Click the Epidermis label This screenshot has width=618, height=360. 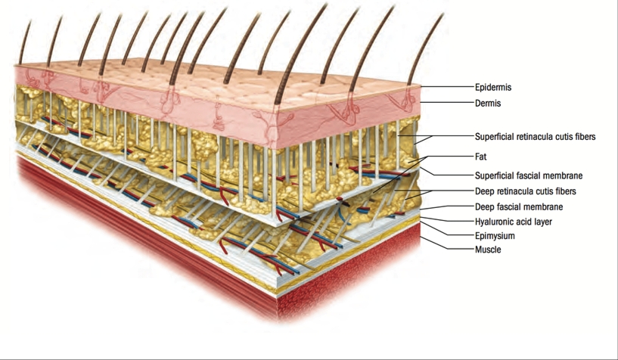click(492, 88)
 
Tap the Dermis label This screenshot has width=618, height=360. click(488, 103)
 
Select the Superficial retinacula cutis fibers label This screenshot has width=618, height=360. click(535, 137)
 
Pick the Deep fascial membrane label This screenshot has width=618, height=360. click(518, 206)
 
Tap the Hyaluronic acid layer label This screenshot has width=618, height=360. click(513, 222)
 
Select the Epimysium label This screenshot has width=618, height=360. click(494, 236)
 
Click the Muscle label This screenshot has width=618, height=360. click(487, 249)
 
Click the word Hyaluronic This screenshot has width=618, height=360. click(495, 222)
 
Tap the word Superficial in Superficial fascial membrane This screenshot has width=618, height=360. click(495, 175)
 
